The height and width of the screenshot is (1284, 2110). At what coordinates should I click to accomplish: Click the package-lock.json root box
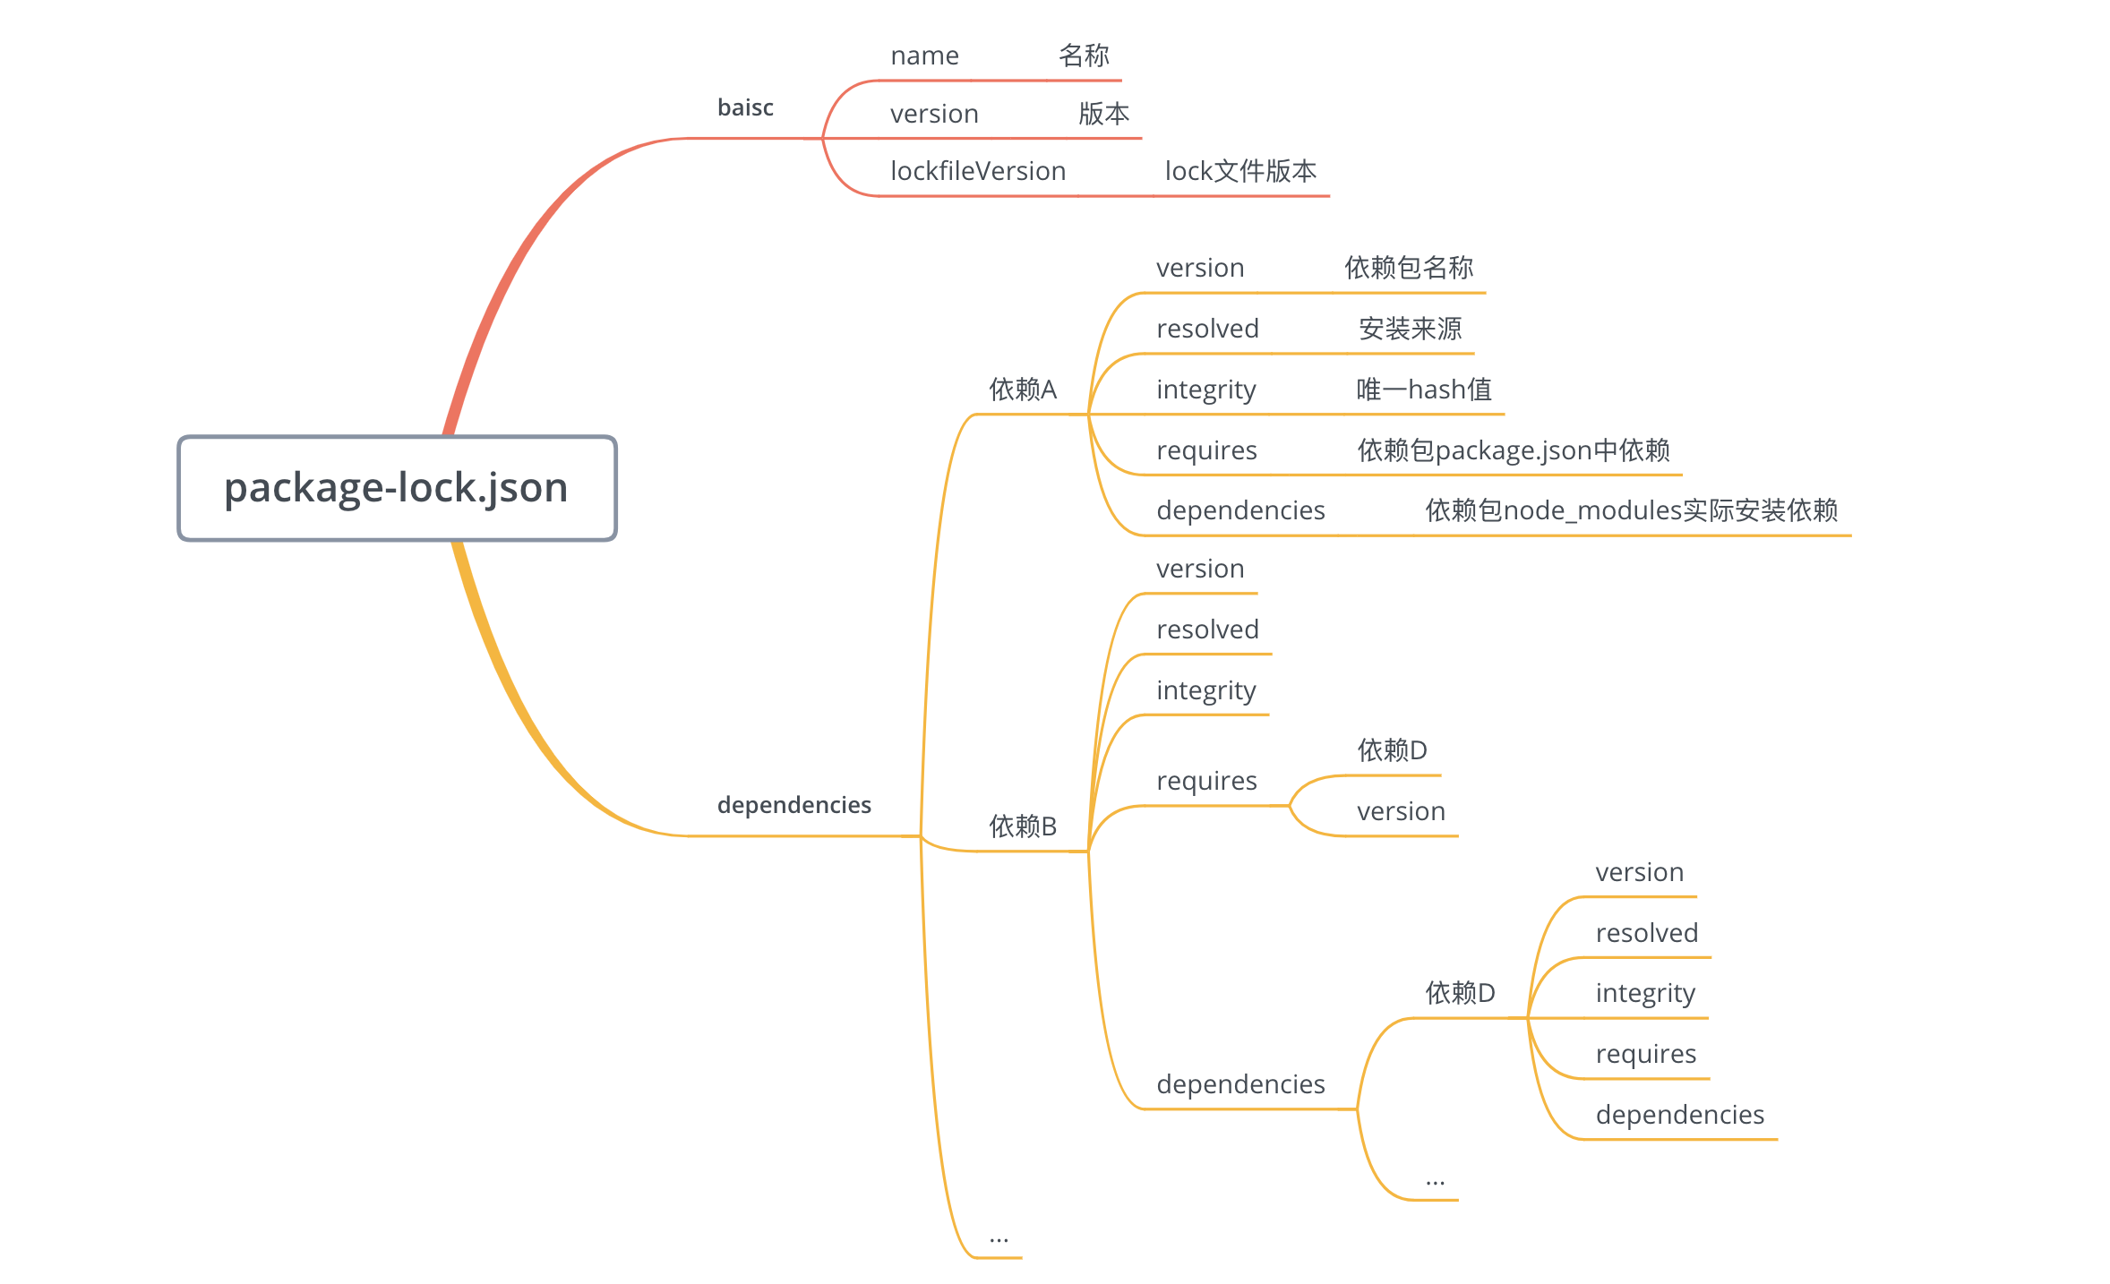[397, 488]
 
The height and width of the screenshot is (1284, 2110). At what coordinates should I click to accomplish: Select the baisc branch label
[745, 108]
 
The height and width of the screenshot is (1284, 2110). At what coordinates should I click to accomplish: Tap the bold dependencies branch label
[793, 805]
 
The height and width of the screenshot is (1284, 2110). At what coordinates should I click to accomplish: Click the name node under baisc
[924, 56]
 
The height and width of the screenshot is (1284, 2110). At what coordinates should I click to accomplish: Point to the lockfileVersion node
[978, 171]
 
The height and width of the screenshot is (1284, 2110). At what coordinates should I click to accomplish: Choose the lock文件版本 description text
[1240, 171]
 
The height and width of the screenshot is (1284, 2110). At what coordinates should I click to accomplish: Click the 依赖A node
[1023, 389]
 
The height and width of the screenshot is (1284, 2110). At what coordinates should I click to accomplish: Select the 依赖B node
[1023, 826]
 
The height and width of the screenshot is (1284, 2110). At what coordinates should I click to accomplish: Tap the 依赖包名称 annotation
[1409, 268]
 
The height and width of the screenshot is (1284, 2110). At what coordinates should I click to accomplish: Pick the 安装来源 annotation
[1410, 329]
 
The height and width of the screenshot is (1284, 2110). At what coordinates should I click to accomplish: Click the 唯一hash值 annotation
[1424, 389]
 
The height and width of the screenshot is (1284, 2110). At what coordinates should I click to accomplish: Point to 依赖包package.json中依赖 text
[1514, 449]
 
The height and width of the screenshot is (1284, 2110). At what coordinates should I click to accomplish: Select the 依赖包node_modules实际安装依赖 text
[1631, 510]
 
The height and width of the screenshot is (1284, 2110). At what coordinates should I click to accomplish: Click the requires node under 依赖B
[1206, 781]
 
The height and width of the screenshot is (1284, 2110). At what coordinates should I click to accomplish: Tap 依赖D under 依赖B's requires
[1392, 750]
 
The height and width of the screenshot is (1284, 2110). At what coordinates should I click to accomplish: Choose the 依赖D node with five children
[1460, 993]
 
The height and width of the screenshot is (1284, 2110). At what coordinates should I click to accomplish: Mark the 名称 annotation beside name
[1084, 56]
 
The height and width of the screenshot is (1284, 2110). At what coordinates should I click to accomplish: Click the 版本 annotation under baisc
[1103, 114]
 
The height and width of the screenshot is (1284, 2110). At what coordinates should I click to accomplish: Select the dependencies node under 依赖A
[1240, 510]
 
